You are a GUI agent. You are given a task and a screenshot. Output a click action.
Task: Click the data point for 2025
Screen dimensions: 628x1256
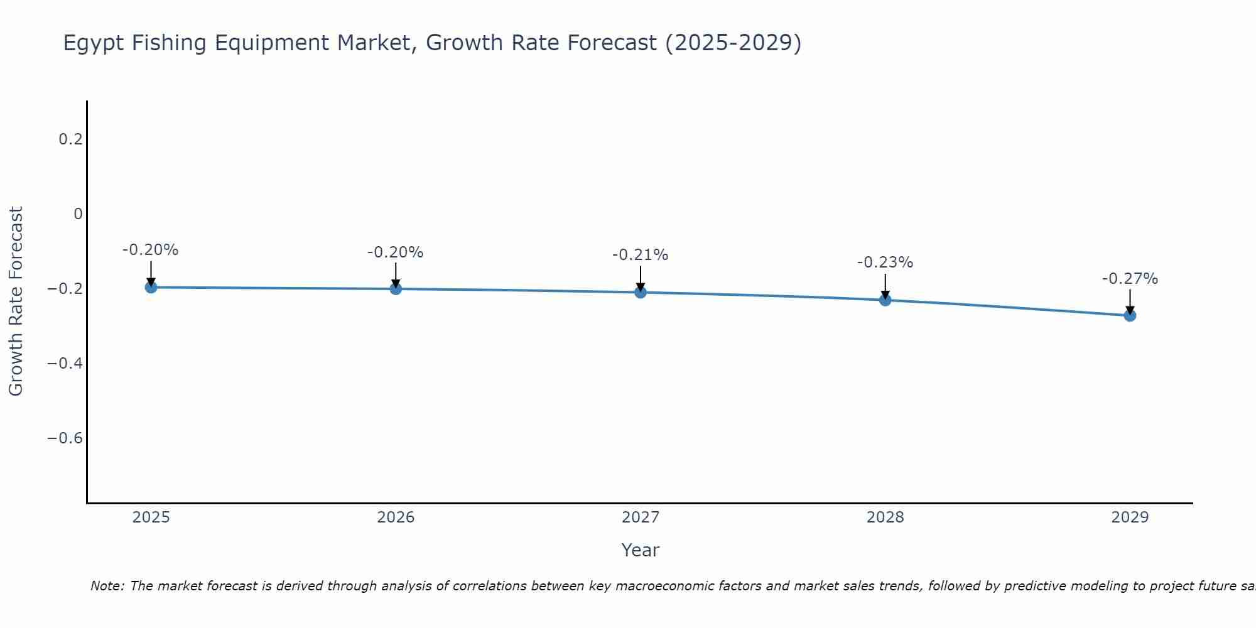[x=151, y=287]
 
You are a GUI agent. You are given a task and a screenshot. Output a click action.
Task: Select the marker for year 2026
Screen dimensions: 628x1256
[x=396, y=289]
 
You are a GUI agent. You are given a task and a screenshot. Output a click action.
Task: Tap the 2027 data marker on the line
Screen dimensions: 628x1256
[x=641, y=292]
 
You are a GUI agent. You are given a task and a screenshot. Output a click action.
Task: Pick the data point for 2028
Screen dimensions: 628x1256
[x=885, y=300]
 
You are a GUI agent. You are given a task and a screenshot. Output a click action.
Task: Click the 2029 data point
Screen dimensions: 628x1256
[x=1130, y=315]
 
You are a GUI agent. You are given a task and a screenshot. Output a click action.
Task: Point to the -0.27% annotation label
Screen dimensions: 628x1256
[x=1130, y=279]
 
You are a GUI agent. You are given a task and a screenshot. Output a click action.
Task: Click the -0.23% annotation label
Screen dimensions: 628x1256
[x=885, y=263]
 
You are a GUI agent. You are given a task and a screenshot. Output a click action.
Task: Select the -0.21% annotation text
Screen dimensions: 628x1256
[x=640, y=255]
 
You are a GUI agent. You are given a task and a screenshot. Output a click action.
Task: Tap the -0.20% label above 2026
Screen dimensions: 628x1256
[x=395, y=252]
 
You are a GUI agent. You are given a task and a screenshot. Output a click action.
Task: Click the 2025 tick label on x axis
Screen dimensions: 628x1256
[x=151, y=517]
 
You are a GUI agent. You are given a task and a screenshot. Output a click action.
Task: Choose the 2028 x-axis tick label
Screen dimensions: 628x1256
[x=885, y=517]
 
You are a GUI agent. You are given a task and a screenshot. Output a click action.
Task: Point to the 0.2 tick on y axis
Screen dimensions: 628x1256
[x=71, y=139]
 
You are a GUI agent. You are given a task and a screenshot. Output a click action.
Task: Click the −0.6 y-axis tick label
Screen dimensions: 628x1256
[x=65, y=438]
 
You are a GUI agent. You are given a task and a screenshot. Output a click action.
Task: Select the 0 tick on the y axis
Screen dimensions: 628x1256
[x=78, y=214]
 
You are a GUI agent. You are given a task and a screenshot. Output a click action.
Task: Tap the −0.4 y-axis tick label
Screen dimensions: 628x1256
[x=65, y=364]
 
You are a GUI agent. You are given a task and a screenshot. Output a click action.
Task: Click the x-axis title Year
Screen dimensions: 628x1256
[x=640, y=551]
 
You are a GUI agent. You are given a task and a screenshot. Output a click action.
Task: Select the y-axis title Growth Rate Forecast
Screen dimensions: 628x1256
[x=16, y=301]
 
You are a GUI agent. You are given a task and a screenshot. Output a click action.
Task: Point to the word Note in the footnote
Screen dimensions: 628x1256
[x=107, y=586]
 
